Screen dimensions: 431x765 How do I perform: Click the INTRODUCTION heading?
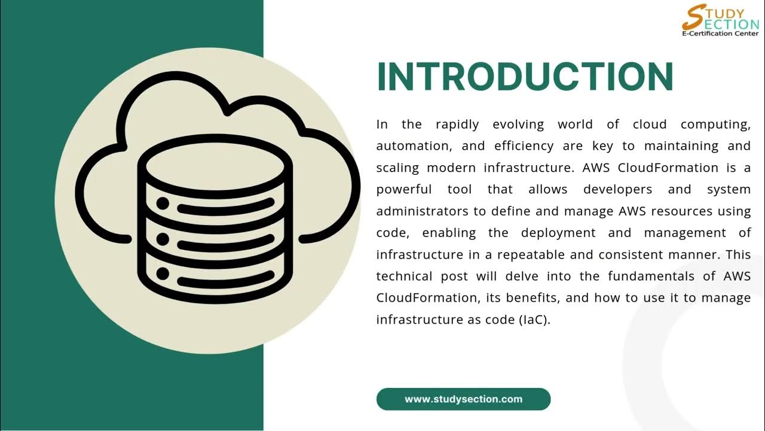click(x=525, y=77)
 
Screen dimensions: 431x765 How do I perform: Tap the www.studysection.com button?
click(x=463, y=399)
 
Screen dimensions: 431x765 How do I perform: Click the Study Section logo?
click(x=720, y=20)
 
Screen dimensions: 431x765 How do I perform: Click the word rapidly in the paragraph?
click(x=457, y=125)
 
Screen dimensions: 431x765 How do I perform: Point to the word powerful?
click(x=404, y=189)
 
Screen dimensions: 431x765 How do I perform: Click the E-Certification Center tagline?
click(x=720, y=34)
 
